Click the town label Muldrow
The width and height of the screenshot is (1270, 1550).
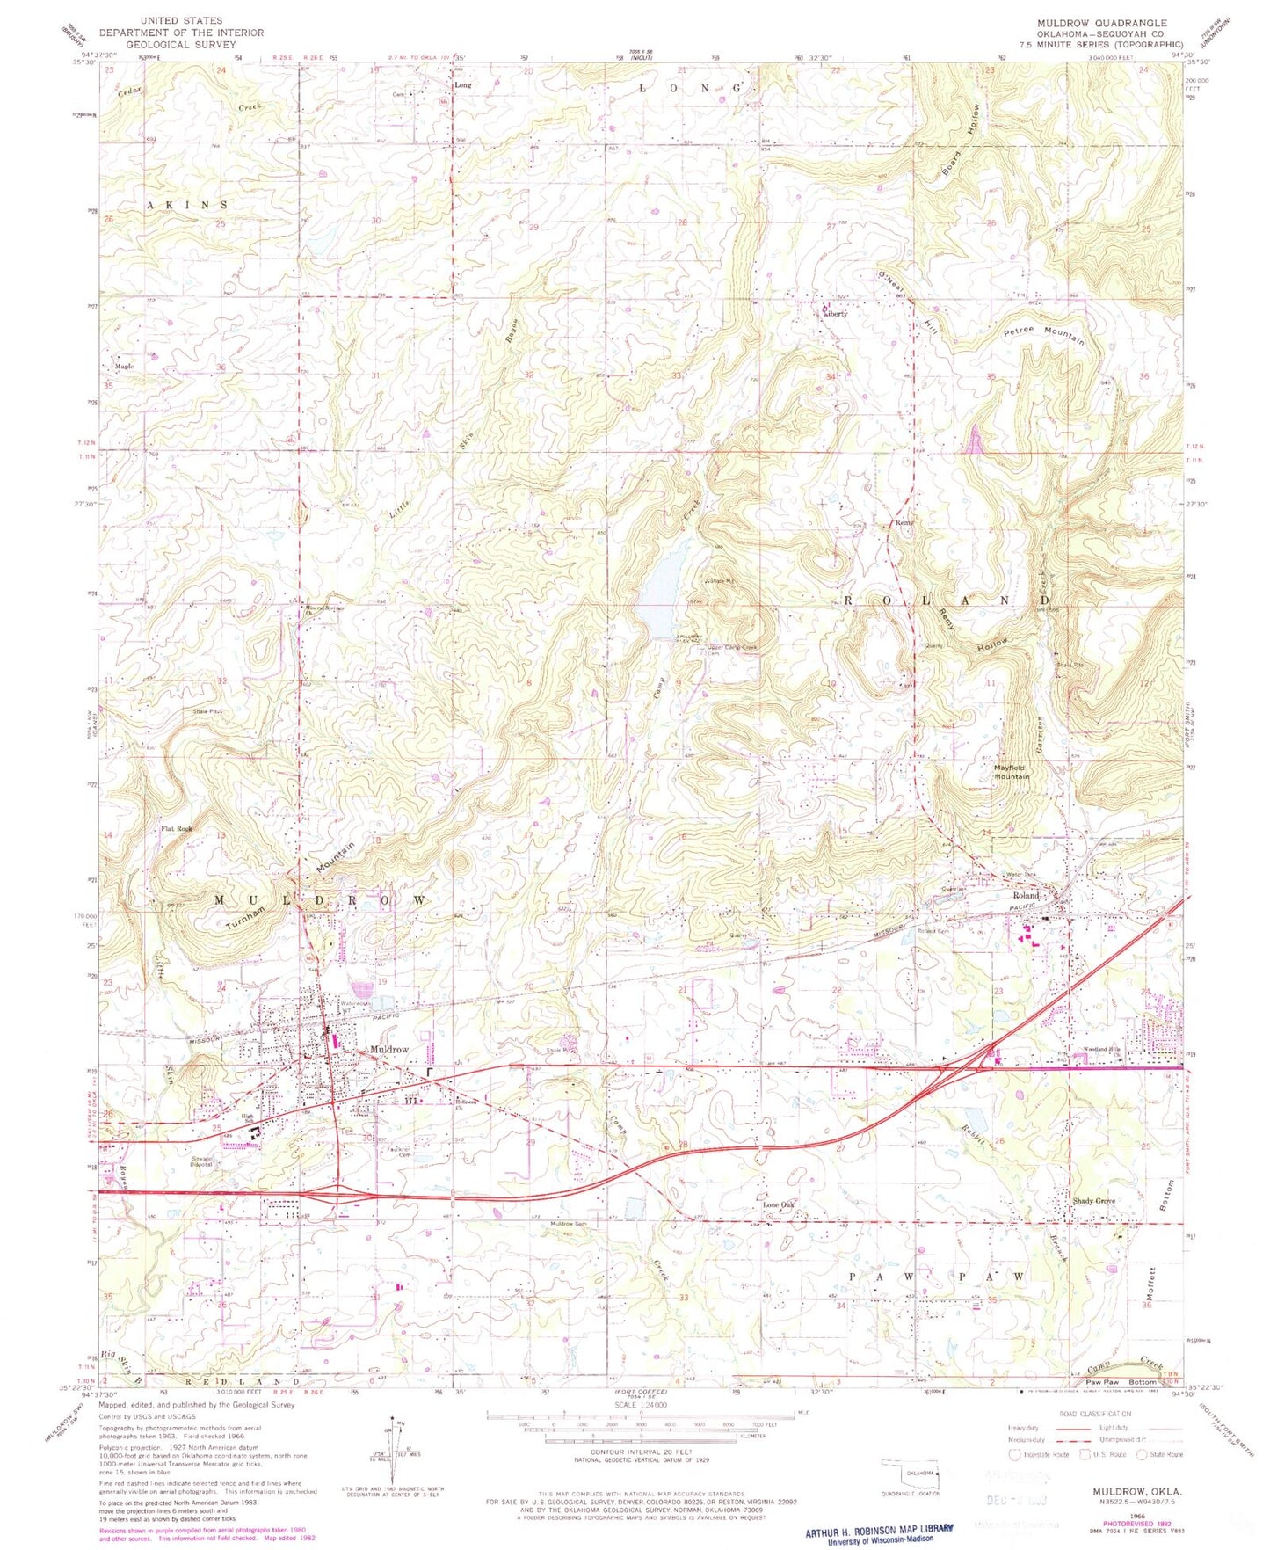tap(389, 1050)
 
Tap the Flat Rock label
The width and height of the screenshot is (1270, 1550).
tap(176, 828)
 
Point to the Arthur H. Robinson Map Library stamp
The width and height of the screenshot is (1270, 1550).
tap(878, 1531)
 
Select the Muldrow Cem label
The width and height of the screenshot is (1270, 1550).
tap(569, 1225)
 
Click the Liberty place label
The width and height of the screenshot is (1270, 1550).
tap(835, 313)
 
